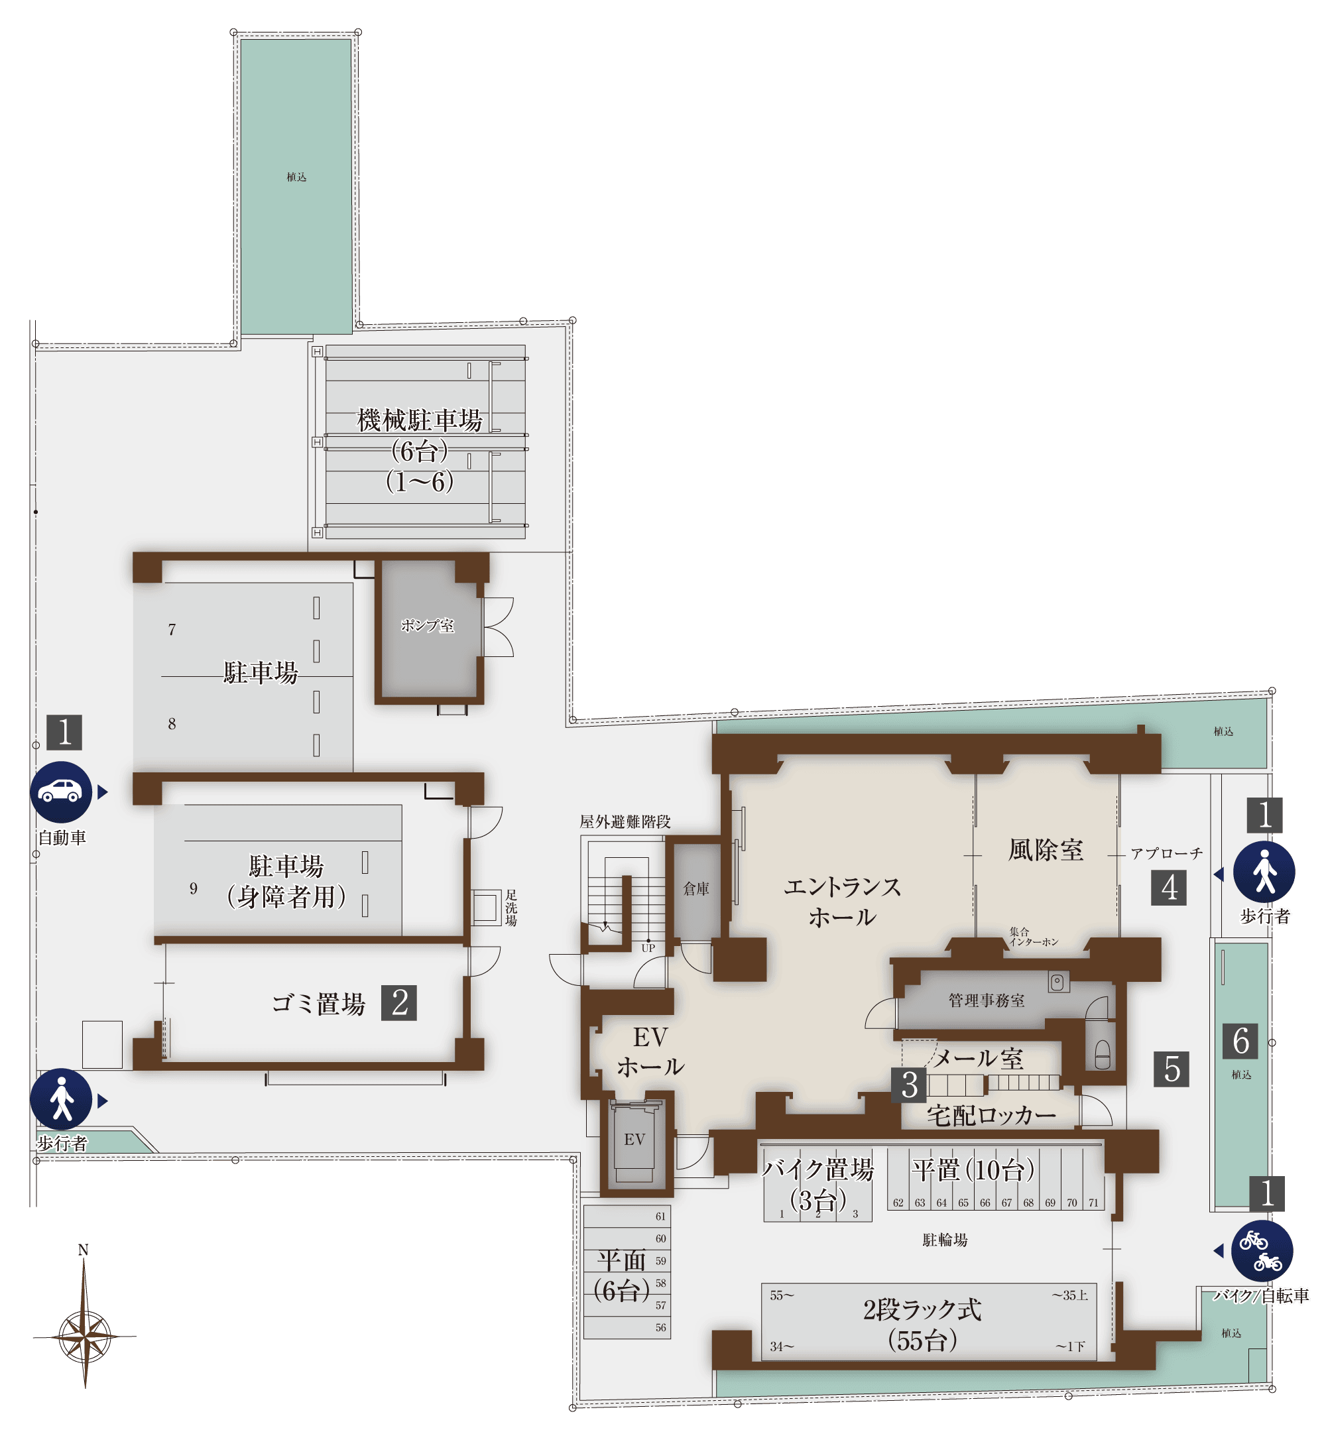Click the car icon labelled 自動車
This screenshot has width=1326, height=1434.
tap(61, 792)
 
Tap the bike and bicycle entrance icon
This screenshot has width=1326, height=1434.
tap(1262, 1251)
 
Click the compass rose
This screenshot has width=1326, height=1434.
tap(85, 1337)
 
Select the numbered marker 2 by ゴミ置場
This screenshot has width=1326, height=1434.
tap(400, 1002)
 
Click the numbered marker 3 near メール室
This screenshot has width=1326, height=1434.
tap(909, 1085)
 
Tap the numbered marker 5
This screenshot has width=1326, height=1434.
tap(1172, 1069)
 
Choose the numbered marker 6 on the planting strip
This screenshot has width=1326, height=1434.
tap(1240, 1041)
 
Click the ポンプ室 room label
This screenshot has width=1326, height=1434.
tap(428, 626)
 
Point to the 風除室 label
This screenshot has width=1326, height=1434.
tap(1046, 850)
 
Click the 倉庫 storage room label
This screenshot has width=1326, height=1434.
tap(696, 889)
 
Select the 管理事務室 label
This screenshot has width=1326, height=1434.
tap(987, 1000)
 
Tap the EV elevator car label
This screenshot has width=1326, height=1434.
tap(634, 1139)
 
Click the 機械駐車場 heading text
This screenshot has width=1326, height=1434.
tap(420, 420)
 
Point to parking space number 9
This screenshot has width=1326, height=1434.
tap(193, 889)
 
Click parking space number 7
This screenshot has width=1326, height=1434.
tap(172, 630)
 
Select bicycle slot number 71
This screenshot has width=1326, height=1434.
tap(1093, 1203)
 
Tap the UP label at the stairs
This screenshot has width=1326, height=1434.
tap(648, 948)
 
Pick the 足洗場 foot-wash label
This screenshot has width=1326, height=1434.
tap(511, 908)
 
